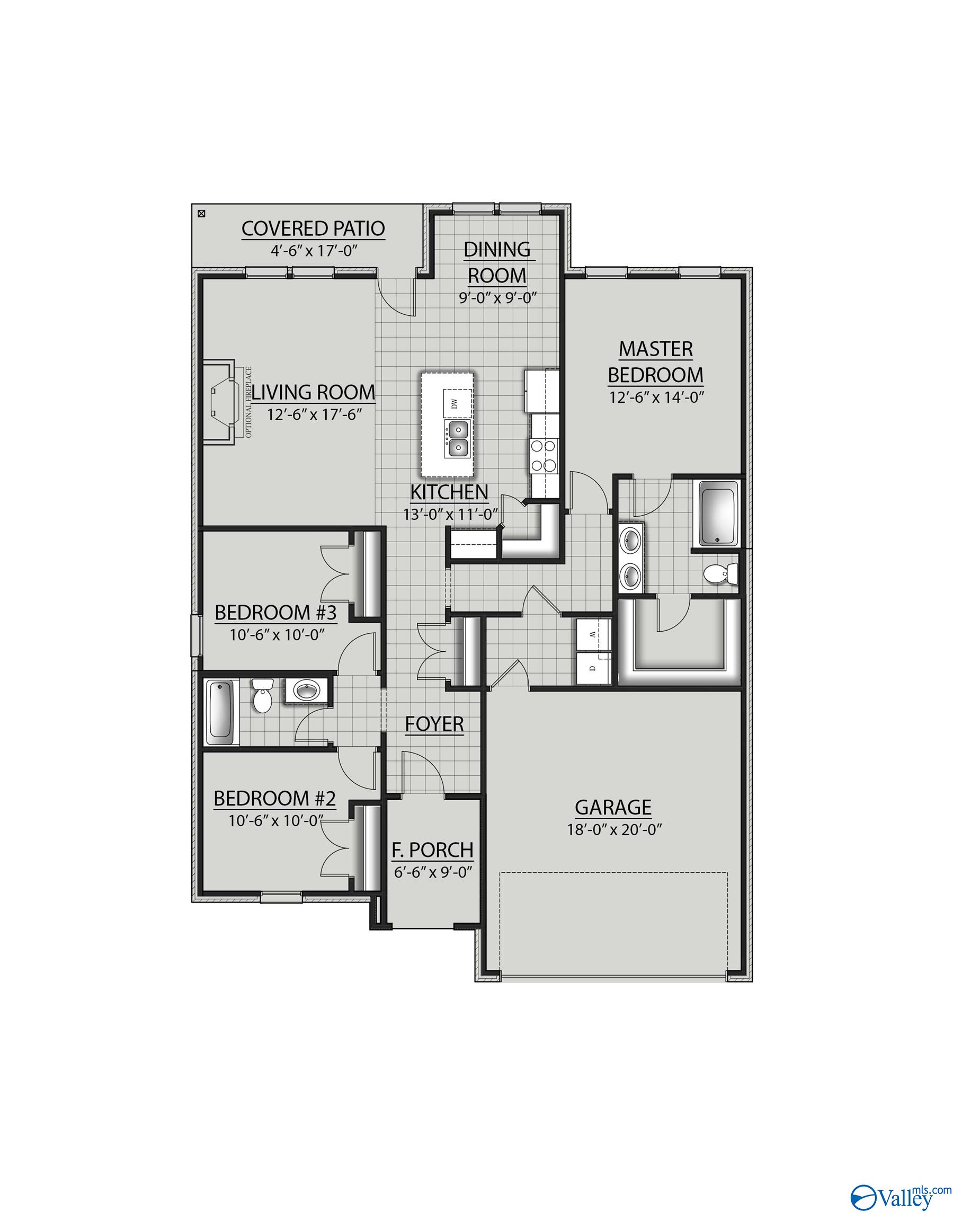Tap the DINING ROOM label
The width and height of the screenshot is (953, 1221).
(x=497, y=262)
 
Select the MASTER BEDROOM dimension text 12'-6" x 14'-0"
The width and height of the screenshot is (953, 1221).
(x=656, y=397)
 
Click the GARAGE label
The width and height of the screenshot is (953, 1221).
(x=613, y=807)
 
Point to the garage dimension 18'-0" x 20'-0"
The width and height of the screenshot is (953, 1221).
(x=613, y=829)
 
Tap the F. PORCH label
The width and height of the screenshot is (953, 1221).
(x=432, y=851)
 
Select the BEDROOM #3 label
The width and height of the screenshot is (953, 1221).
(x=275, y=613)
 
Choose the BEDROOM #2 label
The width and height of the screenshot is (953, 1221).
(x=274, y=799)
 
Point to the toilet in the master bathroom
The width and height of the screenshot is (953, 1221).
(x=721, y=573)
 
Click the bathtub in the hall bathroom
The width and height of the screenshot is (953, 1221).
(x=220, y=712)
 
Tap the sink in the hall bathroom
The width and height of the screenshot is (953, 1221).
(x=305, y=691)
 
